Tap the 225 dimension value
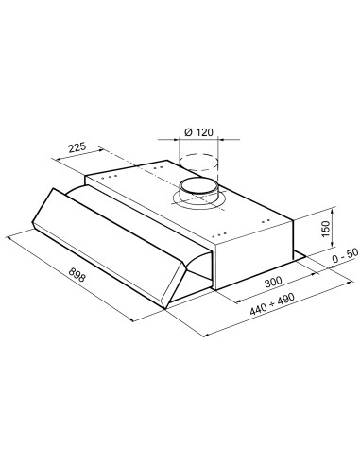tap(78, 146)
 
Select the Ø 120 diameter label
tap(198, 133)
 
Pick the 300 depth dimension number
tap(274, 283)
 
